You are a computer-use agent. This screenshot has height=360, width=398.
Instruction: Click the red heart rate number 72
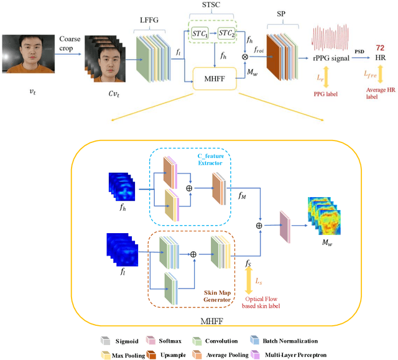click(x=379, y=48)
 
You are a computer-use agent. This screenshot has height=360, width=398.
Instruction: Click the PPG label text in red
click(x=324, y=94)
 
